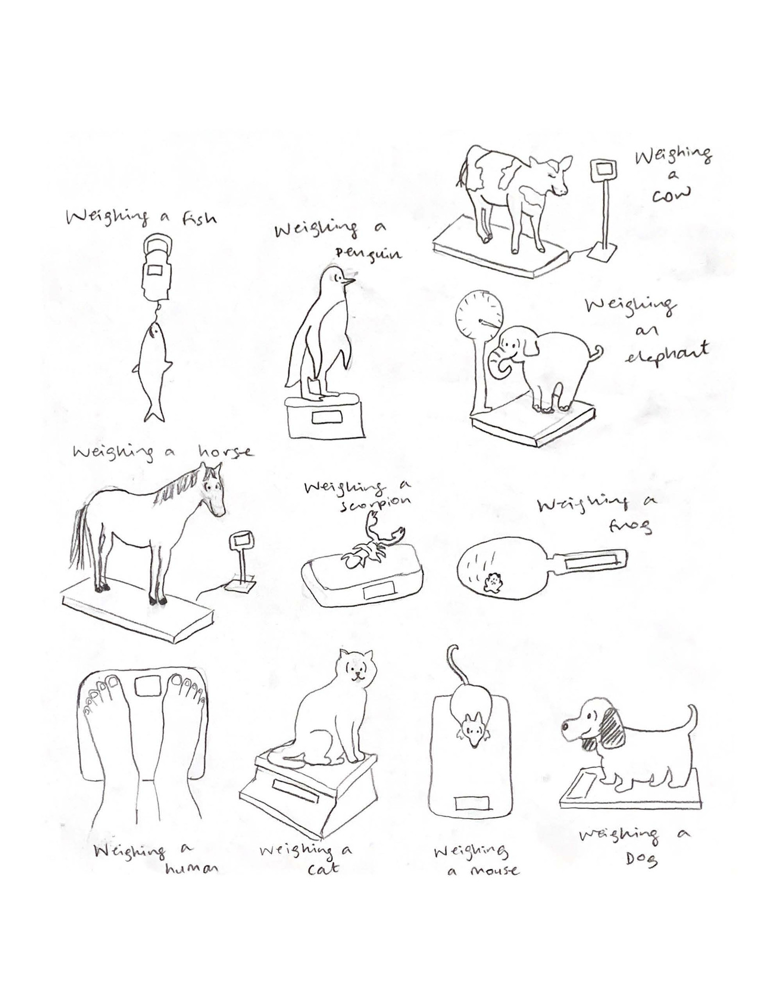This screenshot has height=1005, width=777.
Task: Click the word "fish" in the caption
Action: pos(199,217)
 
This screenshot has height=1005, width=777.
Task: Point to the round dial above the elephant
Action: pos(479,317)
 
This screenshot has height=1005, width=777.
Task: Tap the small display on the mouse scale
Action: pos(471,803)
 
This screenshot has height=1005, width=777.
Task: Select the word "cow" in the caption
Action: pos(671,195)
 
